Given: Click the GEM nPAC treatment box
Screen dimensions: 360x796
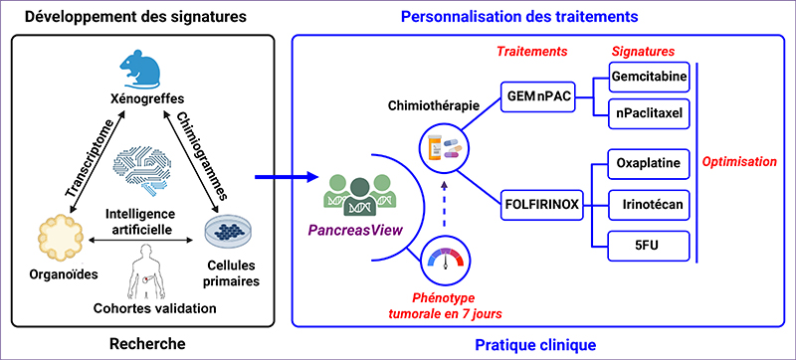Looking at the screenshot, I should tap(542, 96).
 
